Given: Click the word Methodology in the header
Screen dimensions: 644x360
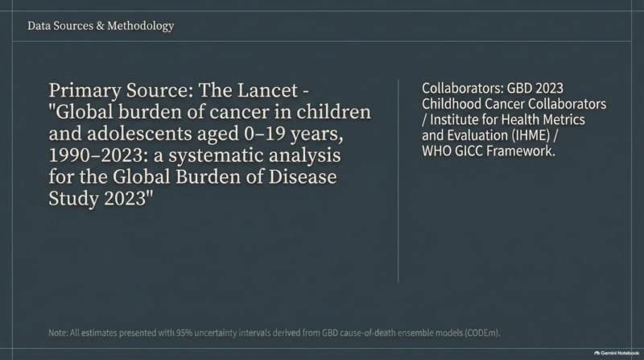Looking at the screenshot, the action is (140, 27).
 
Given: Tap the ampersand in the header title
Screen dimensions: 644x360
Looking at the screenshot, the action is (100, 26).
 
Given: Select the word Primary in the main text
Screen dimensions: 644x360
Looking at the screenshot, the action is (85, 91).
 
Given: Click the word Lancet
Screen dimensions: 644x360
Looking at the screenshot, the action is (267, 90).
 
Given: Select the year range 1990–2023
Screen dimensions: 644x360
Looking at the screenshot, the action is (96, 155).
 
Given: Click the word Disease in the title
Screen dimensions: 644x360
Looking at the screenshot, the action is (303, 176).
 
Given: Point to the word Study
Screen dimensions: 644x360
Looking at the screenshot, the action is (74, 199).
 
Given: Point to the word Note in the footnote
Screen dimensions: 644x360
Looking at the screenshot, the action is (57, 333).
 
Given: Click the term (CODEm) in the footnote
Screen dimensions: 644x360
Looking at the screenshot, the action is (482, 333).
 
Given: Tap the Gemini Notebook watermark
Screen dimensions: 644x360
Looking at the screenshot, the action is (617, 353).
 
